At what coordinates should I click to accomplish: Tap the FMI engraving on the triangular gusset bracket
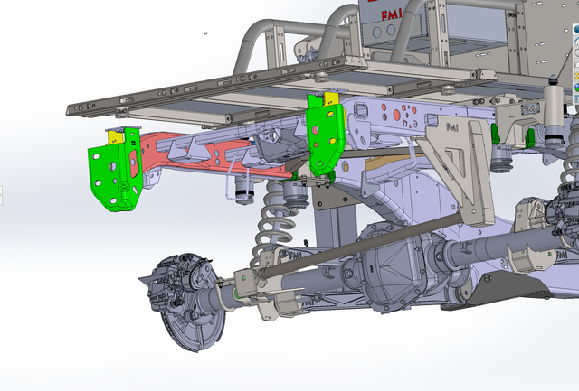452,127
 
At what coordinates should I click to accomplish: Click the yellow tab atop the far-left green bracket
115,137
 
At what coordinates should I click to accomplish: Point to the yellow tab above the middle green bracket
331,98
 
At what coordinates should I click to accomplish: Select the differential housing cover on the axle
392,269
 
